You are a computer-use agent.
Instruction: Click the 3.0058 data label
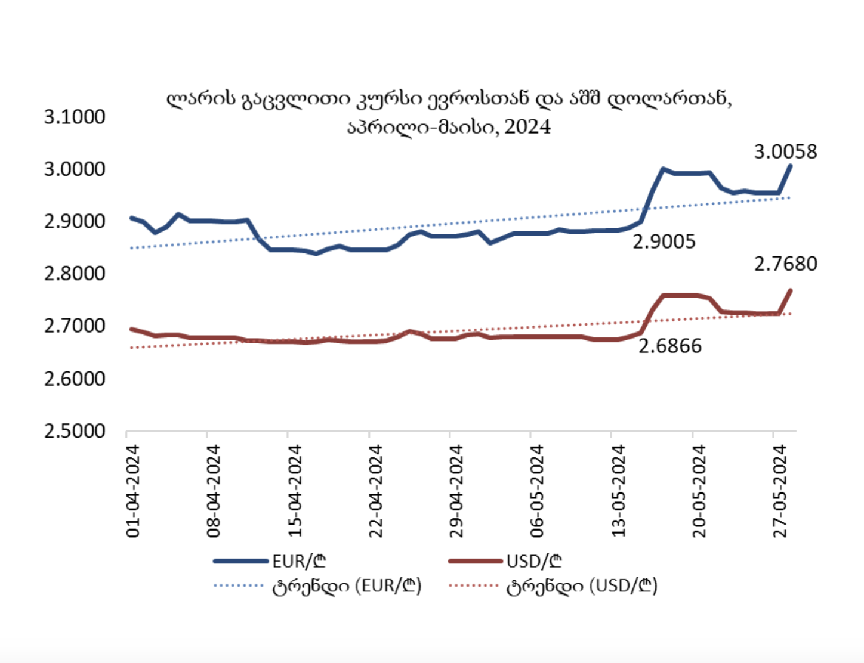pyautogui.click(x=785, y=152)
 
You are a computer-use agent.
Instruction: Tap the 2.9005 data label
pyautogui.click(x=664, y=241)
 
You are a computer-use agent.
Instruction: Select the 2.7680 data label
pyautogui.click(x=785, y=264)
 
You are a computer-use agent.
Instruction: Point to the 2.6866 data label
pyautogui.click(x=670, y=346)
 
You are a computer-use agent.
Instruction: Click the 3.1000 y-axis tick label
pyautogui.click(x=75, y=117)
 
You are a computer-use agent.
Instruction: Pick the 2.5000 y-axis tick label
pyautogui.click(x=75, y=431)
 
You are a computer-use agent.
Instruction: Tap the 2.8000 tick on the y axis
pyautogui.click(x=75, y=274)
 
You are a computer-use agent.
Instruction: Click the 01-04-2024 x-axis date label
pyautogui.click(x=133, y=491)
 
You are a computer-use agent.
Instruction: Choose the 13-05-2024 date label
pyautogui.click(x=618, y=491)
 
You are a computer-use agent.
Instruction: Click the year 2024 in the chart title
pyautogui.click(x=527, y=126)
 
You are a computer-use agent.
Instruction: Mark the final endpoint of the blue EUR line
pyautogui.click(x=791, y=165)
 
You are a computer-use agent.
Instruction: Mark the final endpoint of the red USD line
pyautogui.click(x=791, y=290)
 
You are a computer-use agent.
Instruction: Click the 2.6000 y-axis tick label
pyautogui.click(x=75, y=379)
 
